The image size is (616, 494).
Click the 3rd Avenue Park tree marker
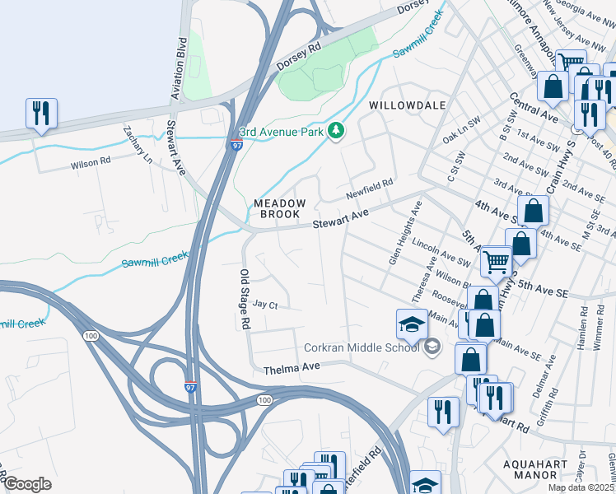[335, 132]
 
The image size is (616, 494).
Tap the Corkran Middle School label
[362, 347]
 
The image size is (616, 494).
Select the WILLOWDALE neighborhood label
[407, 105]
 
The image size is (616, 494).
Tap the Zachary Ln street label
[138, 145]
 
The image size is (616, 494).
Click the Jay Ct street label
[266, 304]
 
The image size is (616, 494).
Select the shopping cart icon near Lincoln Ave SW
[497, 262]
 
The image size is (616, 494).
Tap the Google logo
[27, 483]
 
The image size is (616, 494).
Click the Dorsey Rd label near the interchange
[301, 52]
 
